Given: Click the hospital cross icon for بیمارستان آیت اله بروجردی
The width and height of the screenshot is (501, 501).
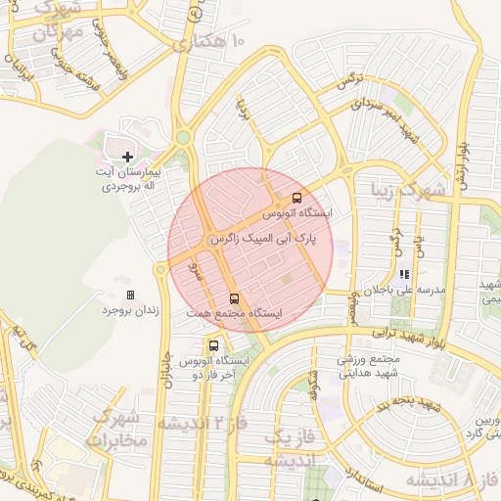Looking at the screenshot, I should click(x=128, y=157).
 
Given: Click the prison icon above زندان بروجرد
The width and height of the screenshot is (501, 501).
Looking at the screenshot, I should click(x=130, y=295).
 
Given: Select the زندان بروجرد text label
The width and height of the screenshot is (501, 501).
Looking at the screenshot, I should click(x=128, y=311).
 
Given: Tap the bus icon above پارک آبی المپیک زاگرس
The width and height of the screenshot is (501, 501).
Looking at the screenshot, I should click(x=297, y=198).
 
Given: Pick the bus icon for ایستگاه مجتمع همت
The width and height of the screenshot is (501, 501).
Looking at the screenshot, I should click(x=234, y=297).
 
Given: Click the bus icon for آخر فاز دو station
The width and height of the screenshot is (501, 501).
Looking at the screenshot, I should click(x=213, y=345).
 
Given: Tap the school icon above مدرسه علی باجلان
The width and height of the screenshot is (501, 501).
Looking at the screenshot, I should click(x=403, y=275).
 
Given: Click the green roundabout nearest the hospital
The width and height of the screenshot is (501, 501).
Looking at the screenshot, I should click(x=183, y=138).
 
